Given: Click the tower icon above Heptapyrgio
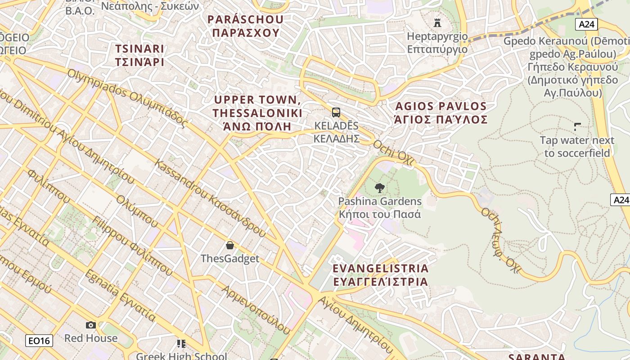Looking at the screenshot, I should pyautogui.click(x=437, y=22).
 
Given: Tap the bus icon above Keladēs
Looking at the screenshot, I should pyautogui.click(x=336, y=112).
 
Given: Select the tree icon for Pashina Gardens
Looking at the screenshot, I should pyautogui.click(x=380, y=188).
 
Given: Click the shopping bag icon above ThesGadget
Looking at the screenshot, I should pyautogui.click(x=230, y=245).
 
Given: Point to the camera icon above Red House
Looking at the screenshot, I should pyautogui.click(x=91, y=325).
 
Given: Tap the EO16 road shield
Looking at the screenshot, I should pyautogui.click(x=39, y=341).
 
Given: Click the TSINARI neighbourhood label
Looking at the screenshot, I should pyautogui.click(x=139, y=55).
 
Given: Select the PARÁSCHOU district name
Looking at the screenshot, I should pyautogui.click(x=246, y=26).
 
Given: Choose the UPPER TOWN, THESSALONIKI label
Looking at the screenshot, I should pyautogui.click(x=257, y=112).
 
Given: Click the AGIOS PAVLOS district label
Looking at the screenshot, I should pyautogui.click(x=441, y=112).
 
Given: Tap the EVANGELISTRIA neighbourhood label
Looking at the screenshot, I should pyautogui.click(x=380, y=275).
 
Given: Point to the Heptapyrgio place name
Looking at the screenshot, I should pyautogui.click(x=437, y=42).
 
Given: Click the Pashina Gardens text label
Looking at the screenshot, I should pyautogui.click(x=380, y=207).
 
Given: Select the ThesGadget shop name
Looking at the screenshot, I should pyautogui.click(x=230, y=259).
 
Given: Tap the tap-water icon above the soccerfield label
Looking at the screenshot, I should pyautogui.click(x=577, y=127).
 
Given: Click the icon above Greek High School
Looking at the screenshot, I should pyautogui.click(x=181, y=344).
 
